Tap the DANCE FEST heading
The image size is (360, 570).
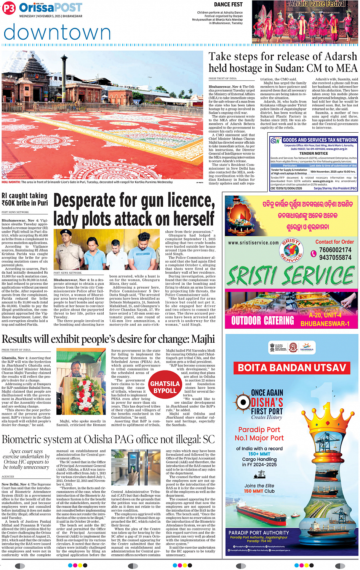click(228, 5)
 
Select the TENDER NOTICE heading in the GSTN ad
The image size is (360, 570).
click(313, 153)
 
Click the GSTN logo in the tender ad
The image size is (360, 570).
click(275, 141)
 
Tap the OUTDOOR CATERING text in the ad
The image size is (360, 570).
click(262, 321)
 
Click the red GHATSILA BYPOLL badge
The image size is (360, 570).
click(165, 387)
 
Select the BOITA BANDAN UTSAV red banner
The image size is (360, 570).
click(292, 368)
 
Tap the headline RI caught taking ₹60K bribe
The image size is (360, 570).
click(25, 199)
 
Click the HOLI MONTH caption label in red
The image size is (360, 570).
click(11, 182)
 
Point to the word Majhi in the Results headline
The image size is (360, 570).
click(203, 339)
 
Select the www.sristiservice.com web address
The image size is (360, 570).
click(253, 242)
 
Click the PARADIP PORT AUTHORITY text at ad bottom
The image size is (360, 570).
click(259, 533)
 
